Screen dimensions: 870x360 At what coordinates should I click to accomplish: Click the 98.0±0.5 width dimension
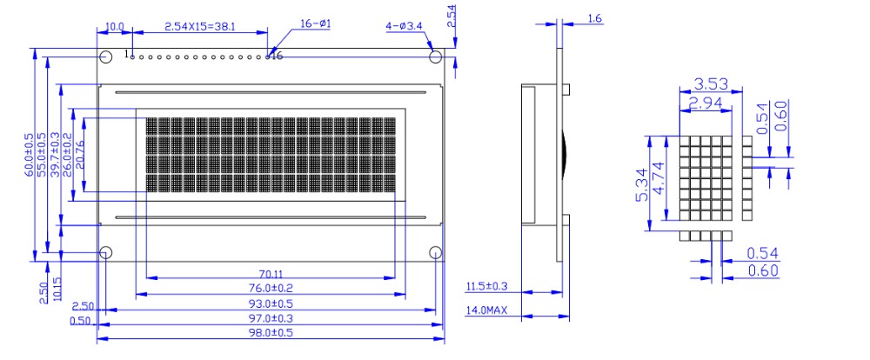[271, 333]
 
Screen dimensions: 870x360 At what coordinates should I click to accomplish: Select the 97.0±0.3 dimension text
[271, 318]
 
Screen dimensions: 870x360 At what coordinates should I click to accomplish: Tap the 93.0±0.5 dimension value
[271, 303]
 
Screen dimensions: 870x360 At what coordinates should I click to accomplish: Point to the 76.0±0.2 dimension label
[271, 289]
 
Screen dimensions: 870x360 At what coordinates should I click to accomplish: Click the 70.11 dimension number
[271, 274]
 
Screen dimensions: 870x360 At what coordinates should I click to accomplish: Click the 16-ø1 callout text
[315, 23]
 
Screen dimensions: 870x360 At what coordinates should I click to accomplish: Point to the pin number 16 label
[277, 56]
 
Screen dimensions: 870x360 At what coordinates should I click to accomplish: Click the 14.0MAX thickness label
[486, 310]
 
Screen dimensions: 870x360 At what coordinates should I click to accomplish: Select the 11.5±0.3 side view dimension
[486, 287]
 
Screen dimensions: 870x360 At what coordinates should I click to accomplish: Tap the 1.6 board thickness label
[594, 19]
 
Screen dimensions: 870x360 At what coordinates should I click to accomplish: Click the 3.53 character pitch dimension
[711, 84]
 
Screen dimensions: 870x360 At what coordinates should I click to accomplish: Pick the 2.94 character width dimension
[706, 102]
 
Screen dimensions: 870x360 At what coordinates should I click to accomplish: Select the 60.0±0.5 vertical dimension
[29, 155]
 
